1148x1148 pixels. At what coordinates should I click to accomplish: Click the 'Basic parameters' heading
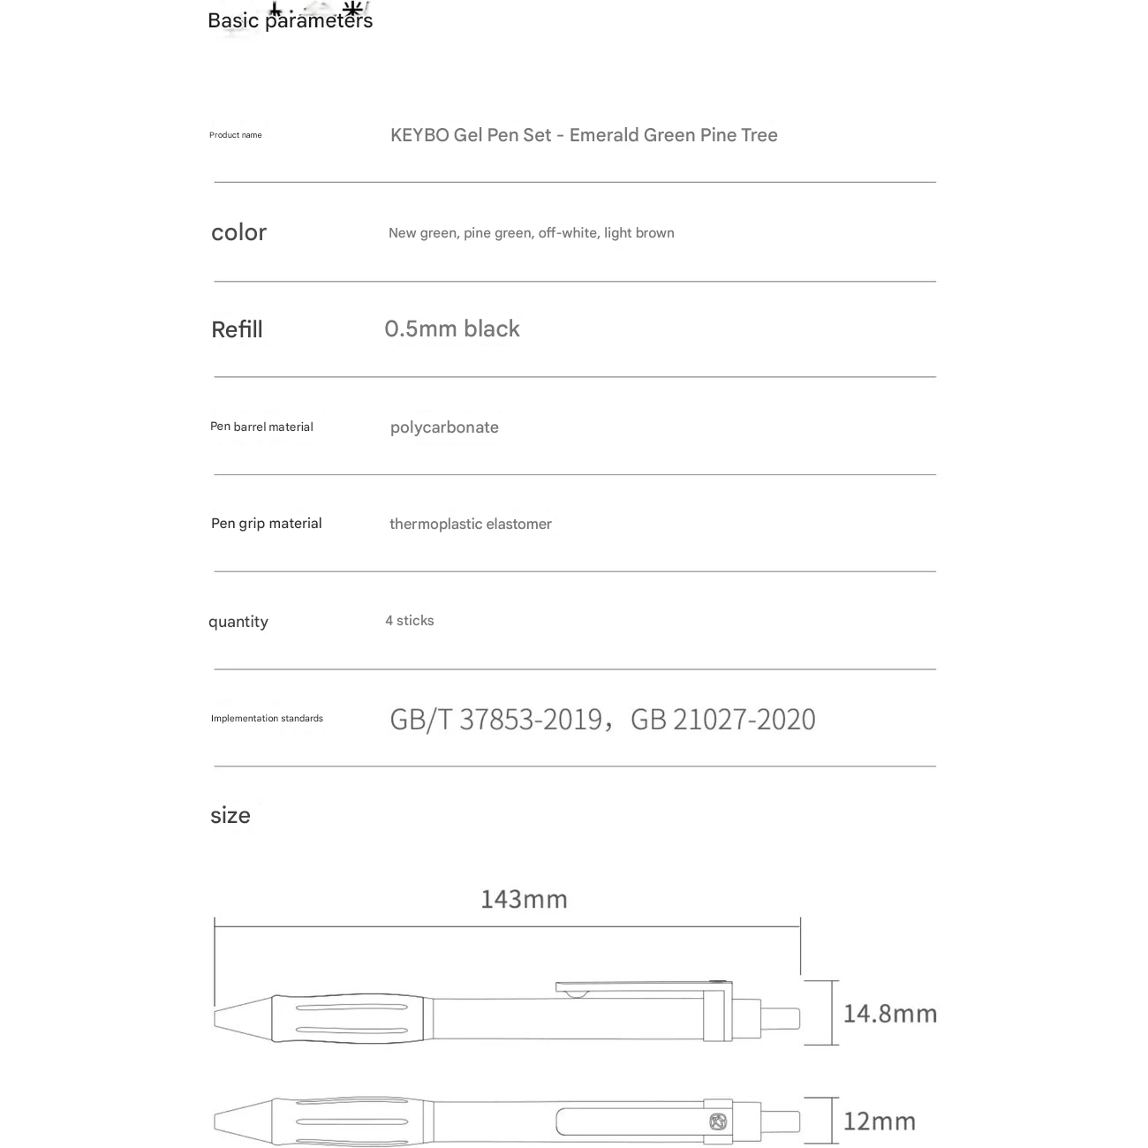[290, 20]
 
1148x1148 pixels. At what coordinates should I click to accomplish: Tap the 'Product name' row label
[235, 135]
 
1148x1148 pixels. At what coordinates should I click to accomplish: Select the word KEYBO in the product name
[419, 135]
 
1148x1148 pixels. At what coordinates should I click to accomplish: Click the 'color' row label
[238, 232]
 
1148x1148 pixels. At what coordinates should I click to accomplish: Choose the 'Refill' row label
[237, 329]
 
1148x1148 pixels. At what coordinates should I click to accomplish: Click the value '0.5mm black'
[452, 329]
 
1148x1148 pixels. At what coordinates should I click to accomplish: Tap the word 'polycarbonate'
[444, 427]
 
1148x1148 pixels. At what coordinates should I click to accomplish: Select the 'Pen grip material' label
[266, 524]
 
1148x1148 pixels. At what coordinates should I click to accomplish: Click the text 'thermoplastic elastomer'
[471, 524]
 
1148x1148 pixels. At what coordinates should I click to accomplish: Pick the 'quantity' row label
[238, 622]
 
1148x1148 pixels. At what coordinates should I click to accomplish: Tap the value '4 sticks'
[410, 621]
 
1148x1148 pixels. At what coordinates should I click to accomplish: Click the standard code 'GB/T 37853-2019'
[495, 720]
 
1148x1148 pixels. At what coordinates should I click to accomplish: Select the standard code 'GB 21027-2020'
[723, 720]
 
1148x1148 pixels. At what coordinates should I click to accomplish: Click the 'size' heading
[230, 815]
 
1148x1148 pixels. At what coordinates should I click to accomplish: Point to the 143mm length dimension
[524, 899]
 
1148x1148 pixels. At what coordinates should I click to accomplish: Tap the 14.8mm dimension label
[890, 1013]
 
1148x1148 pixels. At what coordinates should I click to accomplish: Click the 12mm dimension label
[880, 1122]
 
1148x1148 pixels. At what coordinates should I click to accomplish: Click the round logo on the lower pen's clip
[717, 1122]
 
